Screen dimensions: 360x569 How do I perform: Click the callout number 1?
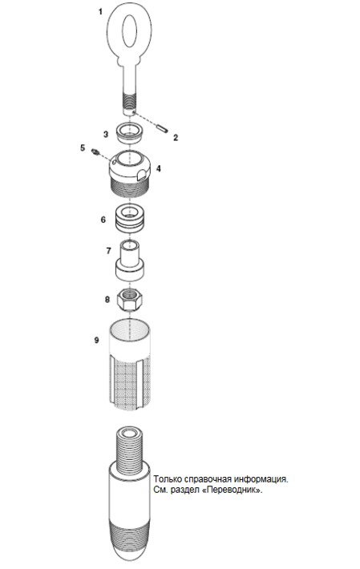click(x=100, y=12)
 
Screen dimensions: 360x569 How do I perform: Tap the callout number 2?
click(x=176, y=138)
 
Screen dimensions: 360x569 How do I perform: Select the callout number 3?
click(x=106, y=135)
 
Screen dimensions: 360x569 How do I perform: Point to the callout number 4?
click(x=159, y=168)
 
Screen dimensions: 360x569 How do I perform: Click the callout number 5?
click(x=83, y=148)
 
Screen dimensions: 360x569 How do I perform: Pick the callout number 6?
click(x=103, y=220)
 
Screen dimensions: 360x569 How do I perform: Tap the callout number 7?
click(x=108, y=251)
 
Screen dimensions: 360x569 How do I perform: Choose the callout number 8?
click(x=107, y=300)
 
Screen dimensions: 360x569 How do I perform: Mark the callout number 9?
click(x=96, y=340)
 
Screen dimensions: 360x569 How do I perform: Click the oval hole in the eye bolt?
click(x=130, y=30)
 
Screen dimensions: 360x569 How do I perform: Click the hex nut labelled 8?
click(x=130, y=299)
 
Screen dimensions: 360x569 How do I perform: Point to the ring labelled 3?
click(x=129, y=132)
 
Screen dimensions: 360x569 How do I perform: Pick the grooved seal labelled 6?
click(x=130, y=219)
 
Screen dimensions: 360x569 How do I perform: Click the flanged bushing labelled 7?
click(x=131, y=260)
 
